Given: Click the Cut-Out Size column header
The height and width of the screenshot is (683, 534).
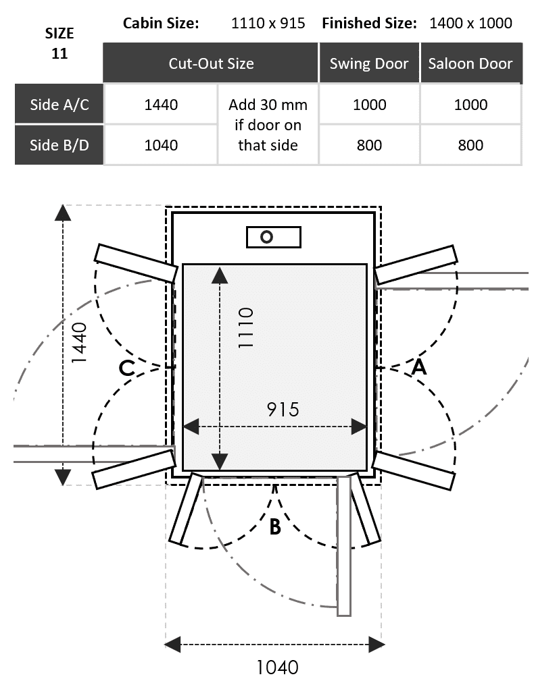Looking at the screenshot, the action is pos(211,63).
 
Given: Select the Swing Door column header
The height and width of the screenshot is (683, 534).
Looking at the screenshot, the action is pos(369,63).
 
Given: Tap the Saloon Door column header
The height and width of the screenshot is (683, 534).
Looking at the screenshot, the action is pos(470,63).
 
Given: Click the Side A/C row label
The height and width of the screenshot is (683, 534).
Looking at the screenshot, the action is pos(59,105).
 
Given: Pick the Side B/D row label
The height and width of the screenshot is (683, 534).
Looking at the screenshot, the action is pos(59,145).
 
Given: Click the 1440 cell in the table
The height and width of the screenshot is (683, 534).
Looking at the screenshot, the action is pos(161,105).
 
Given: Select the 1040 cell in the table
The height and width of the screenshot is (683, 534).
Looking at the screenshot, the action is pos(161,145).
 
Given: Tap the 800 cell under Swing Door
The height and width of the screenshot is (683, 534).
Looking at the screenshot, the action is pos(369,145).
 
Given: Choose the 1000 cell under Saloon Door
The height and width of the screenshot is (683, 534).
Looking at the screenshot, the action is pos(470,105).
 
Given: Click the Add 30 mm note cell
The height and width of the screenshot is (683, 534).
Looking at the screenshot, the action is pos(268,125).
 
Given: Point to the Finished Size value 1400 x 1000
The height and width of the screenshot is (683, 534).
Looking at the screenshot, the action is pos(470,23).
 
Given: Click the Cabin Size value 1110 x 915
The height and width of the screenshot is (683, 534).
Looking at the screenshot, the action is pos(268,23).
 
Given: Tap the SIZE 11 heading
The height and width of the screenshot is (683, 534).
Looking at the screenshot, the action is pos(59,43).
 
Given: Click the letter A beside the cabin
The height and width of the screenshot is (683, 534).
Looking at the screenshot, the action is pos(419,366).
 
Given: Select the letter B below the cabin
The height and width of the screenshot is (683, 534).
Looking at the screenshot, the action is pos(275,526).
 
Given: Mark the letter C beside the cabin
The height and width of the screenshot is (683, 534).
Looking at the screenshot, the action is pos(126,368).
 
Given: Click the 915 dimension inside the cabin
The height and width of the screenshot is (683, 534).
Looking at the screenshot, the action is pos(283,410).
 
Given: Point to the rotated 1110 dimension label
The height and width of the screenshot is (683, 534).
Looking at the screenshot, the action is pos(245,327).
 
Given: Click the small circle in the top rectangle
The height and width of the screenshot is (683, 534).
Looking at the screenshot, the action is pos(266,237).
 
